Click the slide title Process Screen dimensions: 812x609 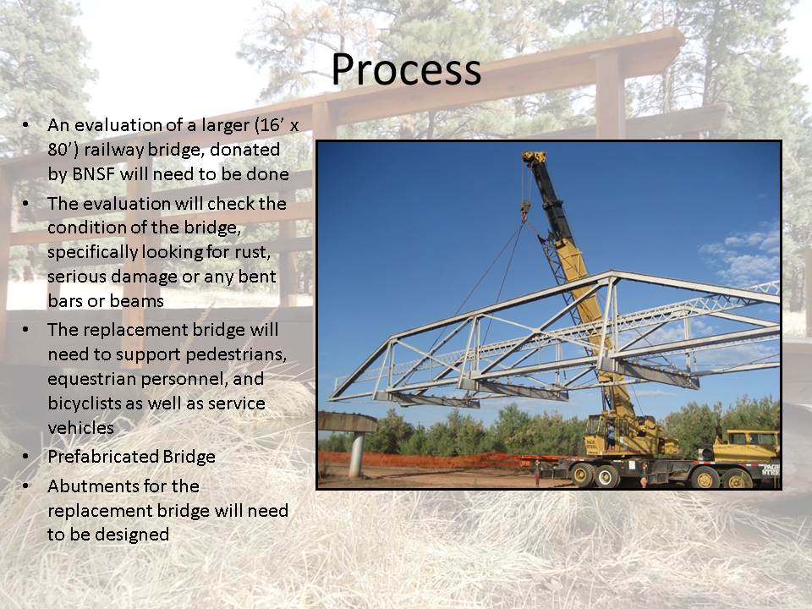click(x=406, y=69)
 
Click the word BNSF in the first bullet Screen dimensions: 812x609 click(x=93, y=174)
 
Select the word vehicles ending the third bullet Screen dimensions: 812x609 click(x=81, y=428)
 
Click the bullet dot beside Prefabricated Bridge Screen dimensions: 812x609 click(x=25, y=457)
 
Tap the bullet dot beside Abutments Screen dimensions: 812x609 click(x=25, y=486)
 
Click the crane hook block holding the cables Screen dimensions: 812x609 click(x=525, y=211)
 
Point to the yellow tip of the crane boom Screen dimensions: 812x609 click(x=534, y=157)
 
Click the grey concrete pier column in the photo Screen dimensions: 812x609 click(x=356, y=455)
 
